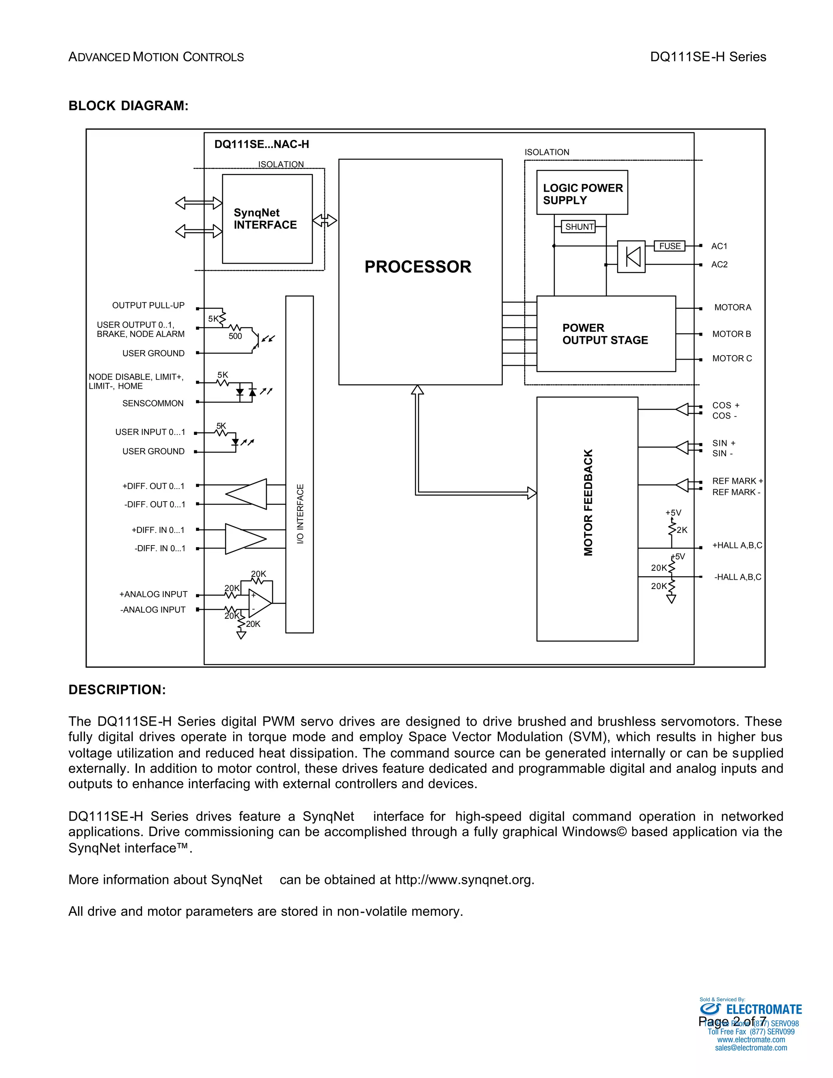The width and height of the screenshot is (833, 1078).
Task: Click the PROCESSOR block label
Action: point(417,267)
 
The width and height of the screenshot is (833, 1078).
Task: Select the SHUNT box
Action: point(579,227)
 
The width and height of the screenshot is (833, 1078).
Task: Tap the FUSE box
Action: point(669,246)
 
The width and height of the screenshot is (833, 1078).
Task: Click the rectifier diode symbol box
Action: point(631,256)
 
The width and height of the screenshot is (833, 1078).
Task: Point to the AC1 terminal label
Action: point(719,246)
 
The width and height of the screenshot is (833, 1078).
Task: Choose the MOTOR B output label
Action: point(731,334)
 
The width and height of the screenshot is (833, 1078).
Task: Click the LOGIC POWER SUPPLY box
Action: point(582,193)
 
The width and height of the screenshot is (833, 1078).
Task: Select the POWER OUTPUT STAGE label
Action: point(604,334)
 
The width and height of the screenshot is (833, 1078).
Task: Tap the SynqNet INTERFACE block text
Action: point(265,219)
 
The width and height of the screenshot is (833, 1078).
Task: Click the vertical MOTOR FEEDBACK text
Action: point(588,502)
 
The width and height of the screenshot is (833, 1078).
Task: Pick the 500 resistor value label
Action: point(236,336)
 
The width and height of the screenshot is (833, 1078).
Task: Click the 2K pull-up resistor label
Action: point(682,530)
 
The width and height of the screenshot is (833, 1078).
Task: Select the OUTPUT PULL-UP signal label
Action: point(148,306)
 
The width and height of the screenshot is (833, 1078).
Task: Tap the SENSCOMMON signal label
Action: point(153,403)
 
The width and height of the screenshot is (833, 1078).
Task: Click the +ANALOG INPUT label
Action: point(153,594)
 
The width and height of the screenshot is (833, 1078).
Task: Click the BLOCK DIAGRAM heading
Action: point(128,106)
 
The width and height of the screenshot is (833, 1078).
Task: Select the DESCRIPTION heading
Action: point(117,690)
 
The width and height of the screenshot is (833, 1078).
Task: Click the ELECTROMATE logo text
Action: point(763,1009)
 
